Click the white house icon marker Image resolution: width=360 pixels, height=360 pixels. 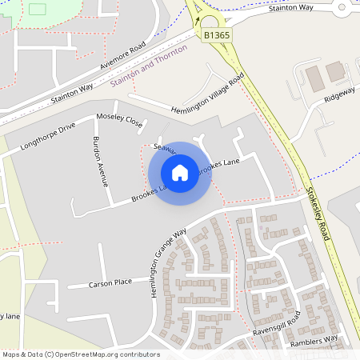[180, 173]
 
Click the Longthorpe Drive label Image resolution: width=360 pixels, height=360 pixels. [47, 136]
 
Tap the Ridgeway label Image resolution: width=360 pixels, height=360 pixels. [340, 93]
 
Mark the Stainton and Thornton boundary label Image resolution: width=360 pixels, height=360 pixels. [149, 70]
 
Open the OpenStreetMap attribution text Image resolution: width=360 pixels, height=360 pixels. [81, 354]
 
